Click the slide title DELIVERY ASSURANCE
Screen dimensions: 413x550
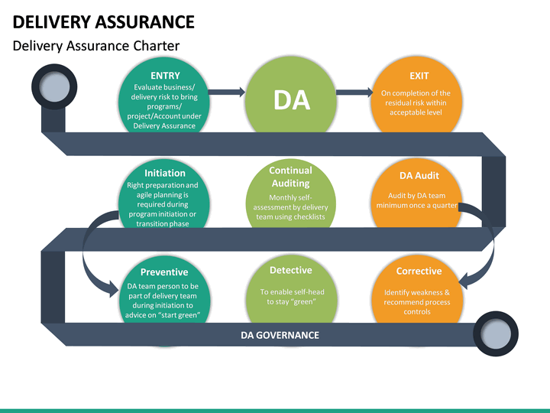point(103,21)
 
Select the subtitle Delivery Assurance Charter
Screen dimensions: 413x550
point(95,46)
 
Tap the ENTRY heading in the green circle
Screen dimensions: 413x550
point(165,76)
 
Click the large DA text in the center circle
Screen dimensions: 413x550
point(291,99)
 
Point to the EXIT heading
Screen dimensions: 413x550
point(419,76)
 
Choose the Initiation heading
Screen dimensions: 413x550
point(164,173)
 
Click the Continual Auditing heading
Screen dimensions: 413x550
point(290,177)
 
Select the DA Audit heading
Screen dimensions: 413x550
point(419,175)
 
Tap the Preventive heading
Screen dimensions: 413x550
point(164,272)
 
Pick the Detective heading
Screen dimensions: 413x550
point(290,270)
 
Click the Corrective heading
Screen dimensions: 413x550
point(419,272)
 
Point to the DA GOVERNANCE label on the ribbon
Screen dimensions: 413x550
point(280,335)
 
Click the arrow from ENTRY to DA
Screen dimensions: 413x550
point(226,92)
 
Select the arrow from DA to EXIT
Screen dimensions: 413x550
point(354,92)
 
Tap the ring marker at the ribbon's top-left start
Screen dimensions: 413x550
point(52,89)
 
